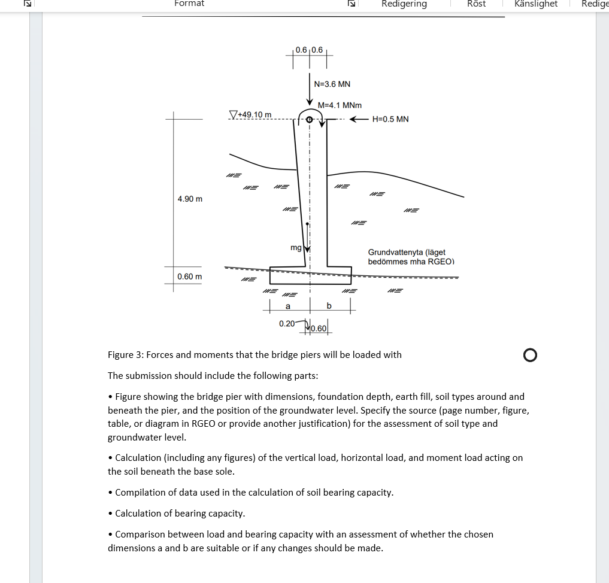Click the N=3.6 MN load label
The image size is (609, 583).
pos(332,84)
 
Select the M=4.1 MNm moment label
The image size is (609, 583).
pos(340,105)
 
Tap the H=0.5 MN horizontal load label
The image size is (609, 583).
pos(390,119)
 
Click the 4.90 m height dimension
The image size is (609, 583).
pos(190,199)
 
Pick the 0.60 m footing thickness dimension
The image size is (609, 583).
pos(190,277)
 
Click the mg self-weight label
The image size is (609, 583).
pos(296,247)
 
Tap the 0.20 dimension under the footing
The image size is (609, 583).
pos(287,324)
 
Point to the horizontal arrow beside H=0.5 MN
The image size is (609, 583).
pos(358,119)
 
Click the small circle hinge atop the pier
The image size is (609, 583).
pos(310,120)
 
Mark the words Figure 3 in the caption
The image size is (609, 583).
pos(125,354)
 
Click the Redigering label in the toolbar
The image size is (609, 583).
pos(404,4)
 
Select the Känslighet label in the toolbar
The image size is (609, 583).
pos(536,4)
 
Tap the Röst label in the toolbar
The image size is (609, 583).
pos(476,4)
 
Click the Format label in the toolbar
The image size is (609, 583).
pos(189,4)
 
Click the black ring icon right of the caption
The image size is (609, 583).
pos(529,356)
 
